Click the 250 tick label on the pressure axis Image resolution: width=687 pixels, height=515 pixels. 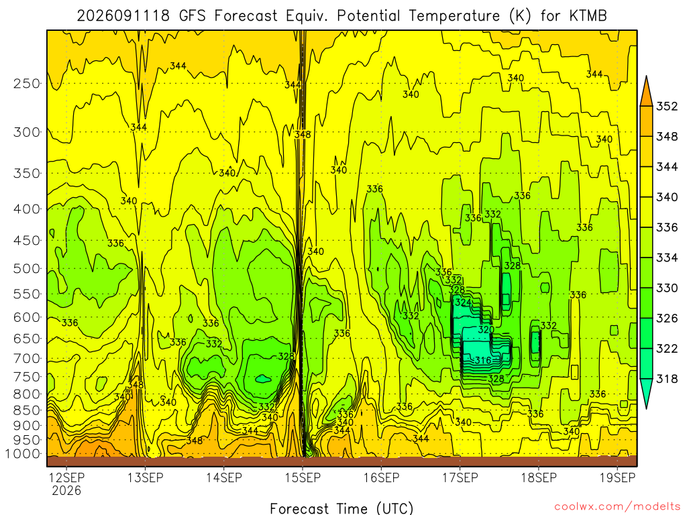tap(27, 83)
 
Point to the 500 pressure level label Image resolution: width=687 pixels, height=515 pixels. tap(27, 268)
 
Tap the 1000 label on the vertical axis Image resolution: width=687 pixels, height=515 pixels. tap(23, 454)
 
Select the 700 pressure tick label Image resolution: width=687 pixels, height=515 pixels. tap(27, 359)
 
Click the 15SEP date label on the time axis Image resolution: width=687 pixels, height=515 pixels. tap(303, 477)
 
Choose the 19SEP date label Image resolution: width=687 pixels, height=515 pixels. tap(617, 477)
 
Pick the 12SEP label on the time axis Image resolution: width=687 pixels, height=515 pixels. tap(66, 477)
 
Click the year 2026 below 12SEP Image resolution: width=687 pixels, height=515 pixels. tap(66, 490)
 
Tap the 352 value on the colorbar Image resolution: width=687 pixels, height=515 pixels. tap(667, 107)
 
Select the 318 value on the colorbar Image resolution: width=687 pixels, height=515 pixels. tap(667, 378)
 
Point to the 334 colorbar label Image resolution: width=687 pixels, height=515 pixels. tap(667, 257)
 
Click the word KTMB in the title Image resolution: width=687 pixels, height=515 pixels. tap(588, 16)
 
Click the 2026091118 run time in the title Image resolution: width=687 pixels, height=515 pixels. tap(123, 16)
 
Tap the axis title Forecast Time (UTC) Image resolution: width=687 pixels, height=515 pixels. tap(341, 508)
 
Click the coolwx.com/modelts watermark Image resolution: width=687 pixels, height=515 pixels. tap(618, 506)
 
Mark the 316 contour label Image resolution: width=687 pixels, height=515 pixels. tap(483, 360)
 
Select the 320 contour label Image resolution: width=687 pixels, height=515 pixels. tap(486, 329)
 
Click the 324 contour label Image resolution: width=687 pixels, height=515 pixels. tap(463, 302)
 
